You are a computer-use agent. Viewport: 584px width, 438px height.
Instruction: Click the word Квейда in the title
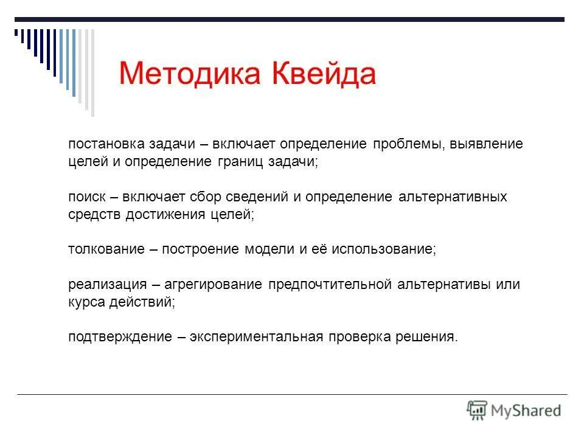[x=323, y=74]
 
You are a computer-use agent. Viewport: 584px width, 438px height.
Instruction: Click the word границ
[x=235, y=162]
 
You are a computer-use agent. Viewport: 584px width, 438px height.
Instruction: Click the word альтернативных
[x=453, y=197]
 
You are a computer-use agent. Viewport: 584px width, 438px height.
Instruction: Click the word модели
[x=269, y=250]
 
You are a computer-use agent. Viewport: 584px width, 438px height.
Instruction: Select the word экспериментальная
[x=255, y=337]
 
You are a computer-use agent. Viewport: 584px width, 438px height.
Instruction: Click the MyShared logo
[x=514, y=410]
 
